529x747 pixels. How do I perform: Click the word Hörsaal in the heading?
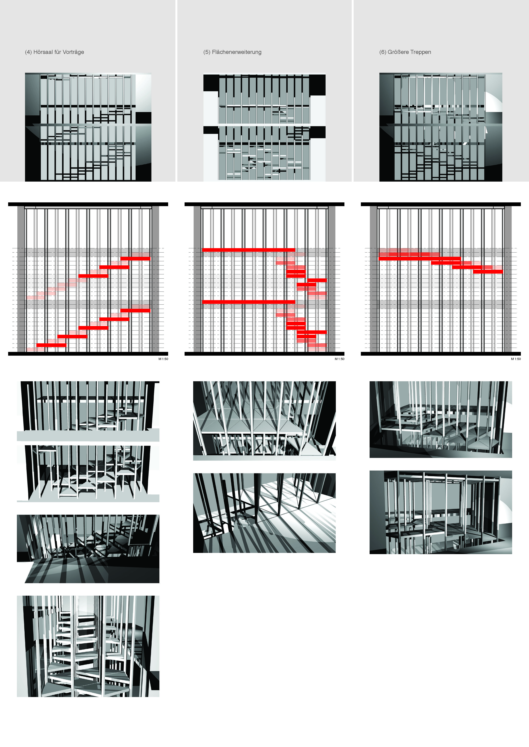click(43, 52)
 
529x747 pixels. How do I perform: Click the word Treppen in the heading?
click(421, 52)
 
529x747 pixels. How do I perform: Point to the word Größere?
click(398, 52)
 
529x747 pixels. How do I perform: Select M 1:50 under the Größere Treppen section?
click(516, 359)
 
